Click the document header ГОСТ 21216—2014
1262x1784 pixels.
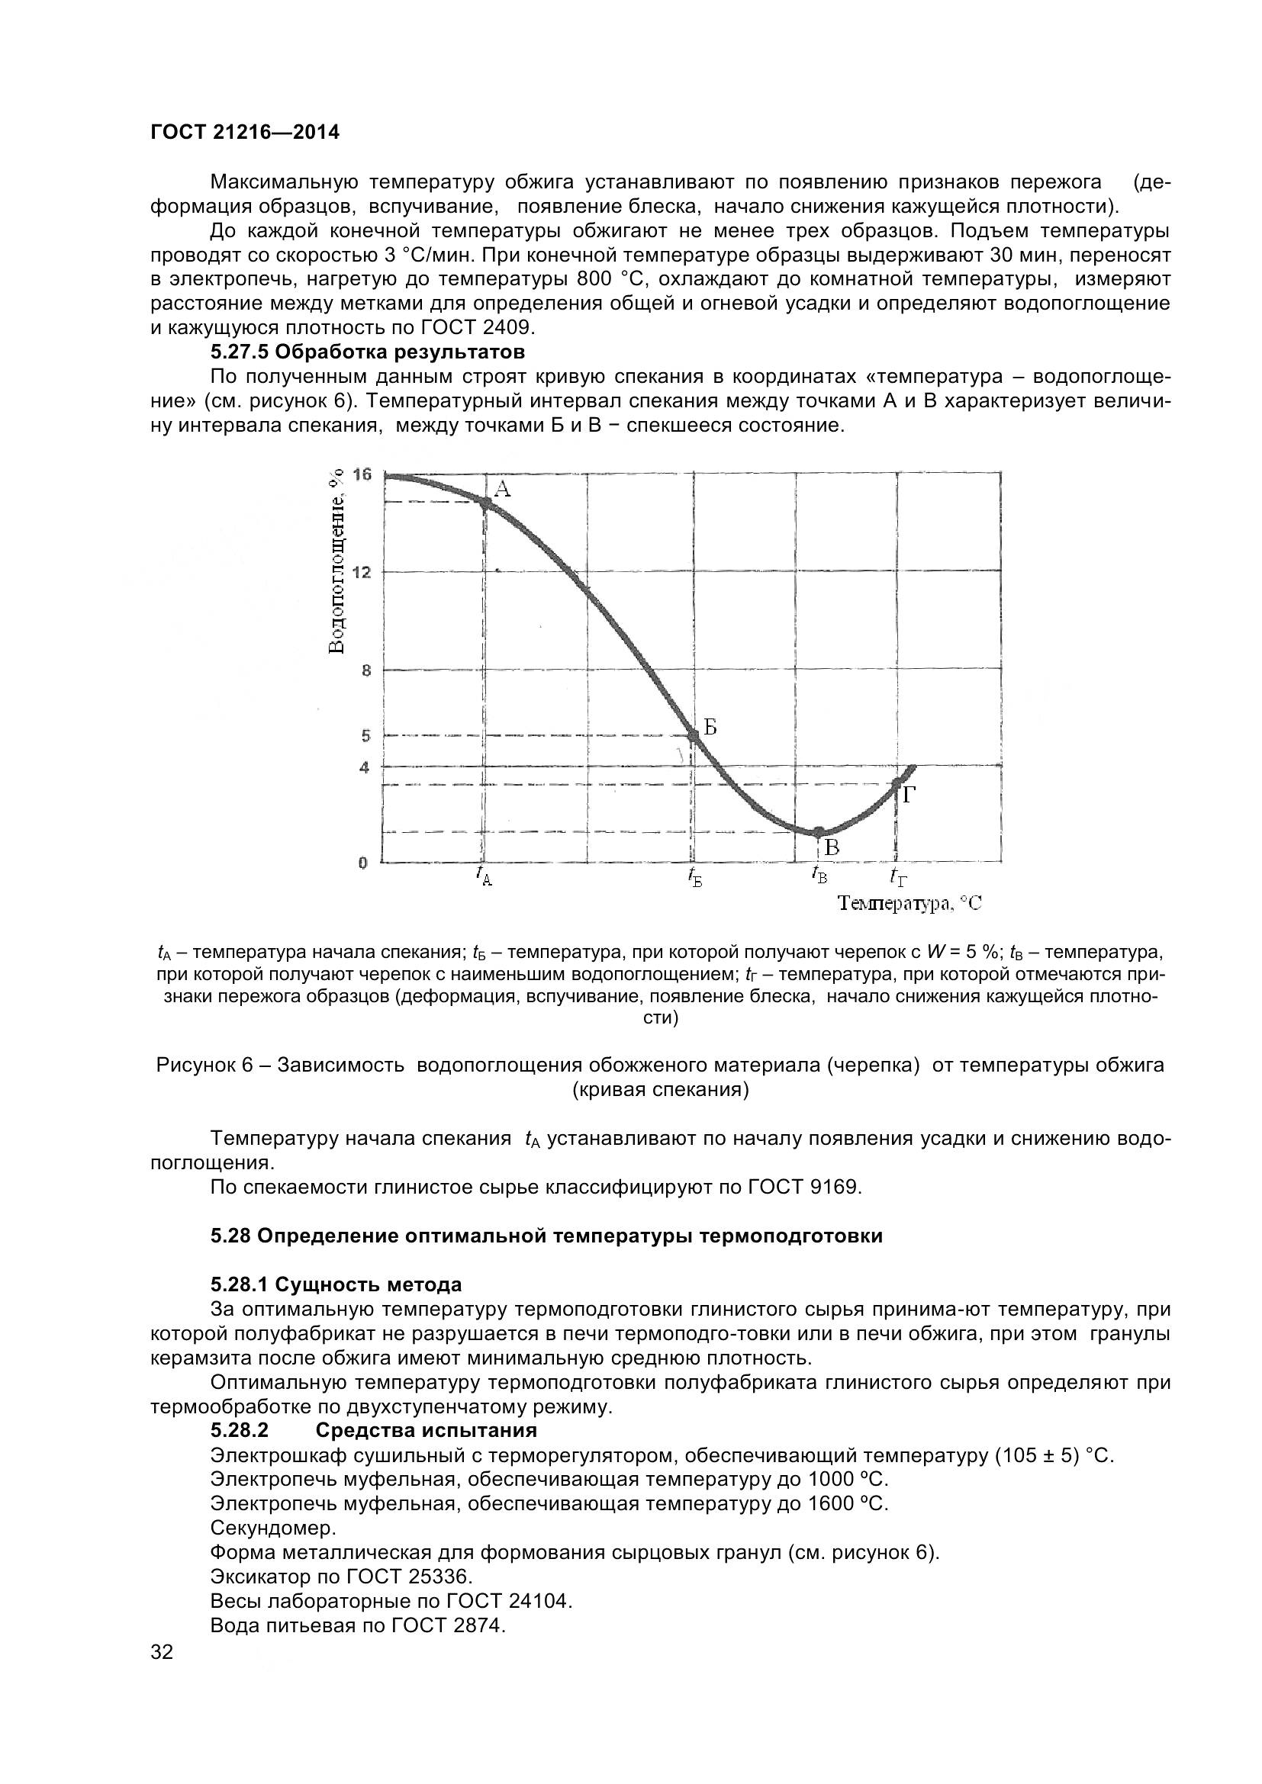245,133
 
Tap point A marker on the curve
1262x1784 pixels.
485,503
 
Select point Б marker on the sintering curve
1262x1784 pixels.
694,735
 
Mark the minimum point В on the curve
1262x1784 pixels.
818,832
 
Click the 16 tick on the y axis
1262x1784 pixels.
362,474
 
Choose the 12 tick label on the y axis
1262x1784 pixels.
362,573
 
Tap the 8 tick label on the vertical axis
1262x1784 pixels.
365,670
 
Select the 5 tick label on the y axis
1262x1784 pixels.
365,735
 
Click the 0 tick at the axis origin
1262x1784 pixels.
363,863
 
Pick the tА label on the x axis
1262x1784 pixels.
483,876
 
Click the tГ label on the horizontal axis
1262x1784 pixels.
898,877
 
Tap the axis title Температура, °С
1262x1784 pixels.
910,903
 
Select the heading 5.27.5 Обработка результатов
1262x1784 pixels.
368,352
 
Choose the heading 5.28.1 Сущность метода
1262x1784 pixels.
336,1284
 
